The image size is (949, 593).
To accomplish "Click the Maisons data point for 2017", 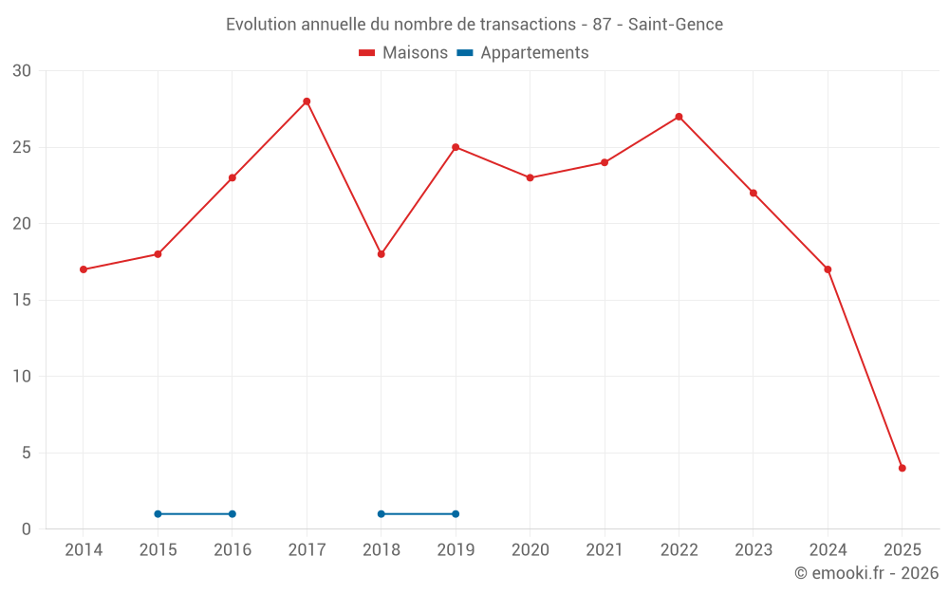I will pyautogui.click(x=307, y=102).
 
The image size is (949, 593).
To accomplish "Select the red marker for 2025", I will pyautogui.click(x=902, y=468).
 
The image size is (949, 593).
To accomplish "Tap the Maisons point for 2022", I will pyautogui.click(x=679, y=117).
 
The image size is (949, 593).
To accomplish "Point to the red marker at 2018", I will pyautogui.click(x=381, y=254).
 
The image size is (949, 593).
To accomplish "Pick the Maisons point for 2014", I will pyautogui.click(x=84, y=269).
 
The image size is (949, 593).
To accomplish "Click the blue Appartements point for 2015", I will pyautogui.click(x=158, y=514).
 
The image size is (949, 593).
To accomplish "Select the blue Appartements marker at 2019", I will pyautogui.click(x=456, y=514).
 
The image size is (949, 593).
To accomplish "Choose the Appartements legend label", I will pyautogui.click(x=534, y=53).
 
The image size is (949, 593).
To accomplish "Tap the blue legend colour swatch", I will pyautogui.click(x=465, y=53).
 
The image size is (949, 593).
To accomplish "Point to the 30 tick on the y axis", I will pyautogui.click(x=22, y=71).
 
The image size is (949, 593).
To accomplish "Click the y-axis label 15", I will pyautogui.click(x=22, y=300).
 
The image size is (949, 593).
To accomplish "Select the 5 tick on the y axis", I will pyautogui.click(x=27, y=453).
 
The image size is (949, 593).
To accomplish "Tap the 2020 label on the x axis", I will pyautogui.click(x=530, y=550).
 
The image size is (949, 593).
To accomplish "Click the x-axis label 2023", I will pyautogui.click(x=754, y=550).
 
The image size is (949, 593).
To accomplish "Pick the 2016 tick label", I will pyautogui.click(x=233, y=550).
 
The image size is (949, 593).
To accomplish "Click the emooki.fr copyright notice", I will pyautogui.click(x=865, y=574).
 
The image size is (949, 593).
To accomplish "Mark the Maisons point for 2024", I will pyautogui.click(x=828, y=269).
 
